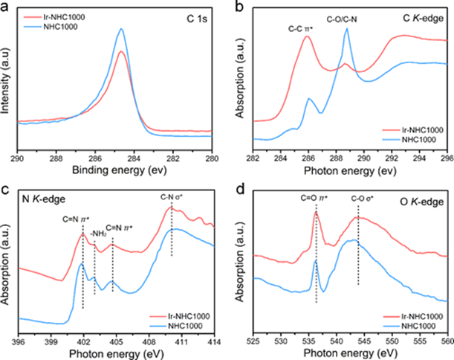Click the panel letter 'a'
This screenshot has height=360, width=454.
pos(5,7)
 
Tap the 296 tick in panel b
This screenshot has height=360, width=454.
pos(446,158)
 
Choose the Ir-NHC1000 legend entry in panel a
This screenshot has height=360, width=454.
pos(52,14)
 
